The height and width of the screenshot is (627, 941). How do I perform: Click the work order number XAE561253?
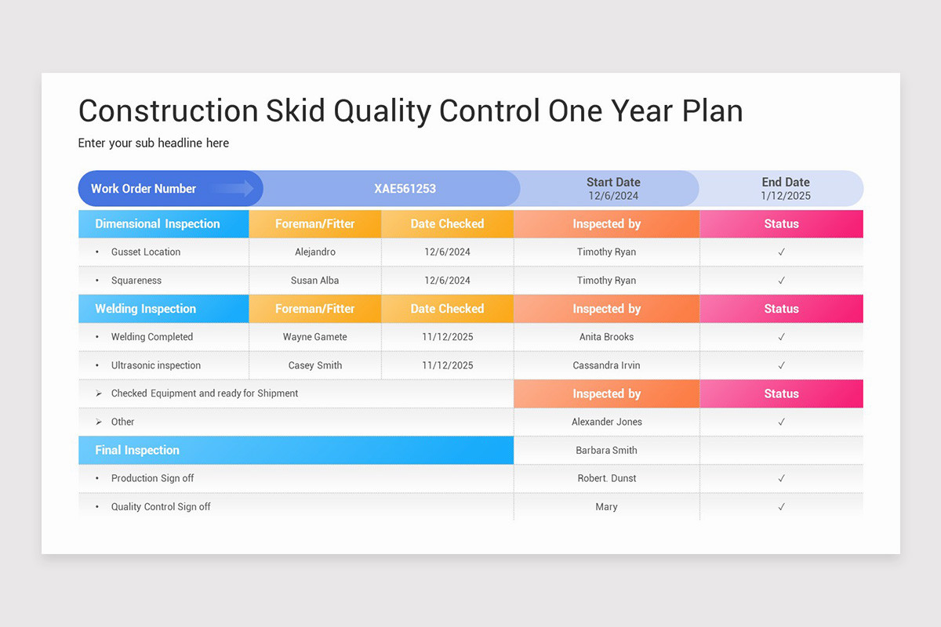(405, 189)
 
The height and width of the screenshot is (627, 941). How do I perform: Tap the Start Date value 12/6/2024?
(613, 196)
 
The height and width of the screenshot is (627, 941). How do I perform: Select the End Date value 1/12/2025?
(785, 196)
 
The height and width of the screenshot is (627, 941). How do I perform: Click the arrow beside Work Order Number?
(233, 188)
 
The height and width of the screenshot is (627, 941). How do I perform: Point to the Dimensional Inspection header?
(158, 224)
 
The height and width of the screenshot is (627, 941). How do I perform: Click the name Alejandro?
(315, 252)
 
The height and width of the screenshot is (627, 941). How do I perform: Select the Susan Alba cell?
(315, 281)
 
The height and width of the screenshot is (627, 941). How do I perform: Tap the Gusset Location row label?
(146, 252)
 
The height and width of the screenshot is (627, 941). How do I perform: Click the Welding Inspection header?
(146, 309)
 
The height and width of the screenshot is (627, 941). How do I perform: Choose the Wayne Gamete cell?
(315, 337)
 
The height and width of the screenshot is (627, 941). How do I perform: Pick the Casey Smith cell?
(315, 365)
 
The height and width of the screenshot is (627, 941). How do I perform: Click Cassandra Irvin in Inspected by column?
(607, 365)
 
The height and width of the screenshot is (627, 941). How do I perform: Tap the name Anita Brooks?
(607, 337)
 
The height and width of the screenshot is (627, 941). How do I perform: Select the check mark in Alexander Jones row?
(781, 422)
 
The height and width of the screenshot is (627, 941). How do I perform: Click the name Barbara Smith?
(607, 451)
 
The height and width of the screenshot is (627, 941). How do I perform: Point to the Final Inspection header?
(137, 451)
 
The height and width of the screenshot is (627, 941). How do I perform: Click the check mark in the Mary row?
(781, 507)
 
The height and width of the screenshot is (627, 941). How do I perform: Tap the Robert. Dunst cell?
(607, 479)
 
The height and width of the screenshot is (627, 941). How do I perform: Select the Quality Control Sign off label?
(161, 507)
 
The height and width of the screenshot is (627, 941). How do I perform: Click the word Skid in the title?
(296, 111)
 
